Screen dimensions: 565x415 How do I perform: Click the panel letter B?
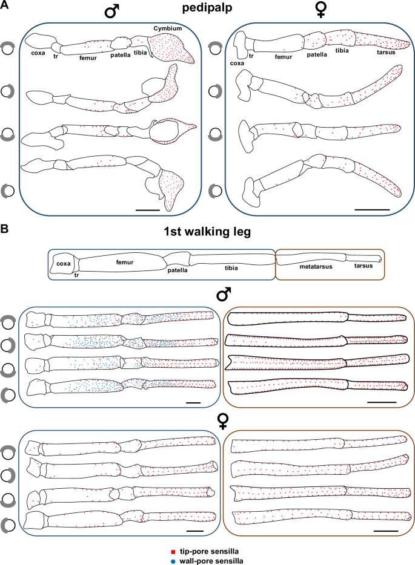pyautogui.click(x=5, y=230)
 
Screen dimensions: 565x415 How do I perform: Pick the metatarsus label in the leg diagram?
pyautogui.click(x=305, y=266)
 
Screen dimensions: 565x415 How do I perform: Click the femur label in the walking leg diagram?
pyautogui.click(x=124, y=261)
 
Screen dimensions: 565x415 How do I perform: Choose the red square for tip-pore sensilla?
pyautogui.click(x=174, y=552)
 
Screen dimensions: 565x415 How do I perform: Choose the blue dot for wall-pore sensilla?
pyautogui.click(x=174, y=560)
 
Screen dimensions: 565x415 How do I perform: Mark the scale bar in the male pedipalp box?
pyautogui.click(x=147, y=209)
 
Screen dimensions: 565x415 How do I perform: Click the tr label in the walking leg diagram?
pyautogui.click(x=77, y=275)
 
